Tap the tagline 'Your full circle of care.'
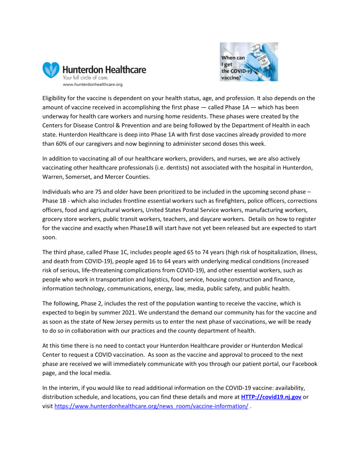(x=85, y=78)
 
